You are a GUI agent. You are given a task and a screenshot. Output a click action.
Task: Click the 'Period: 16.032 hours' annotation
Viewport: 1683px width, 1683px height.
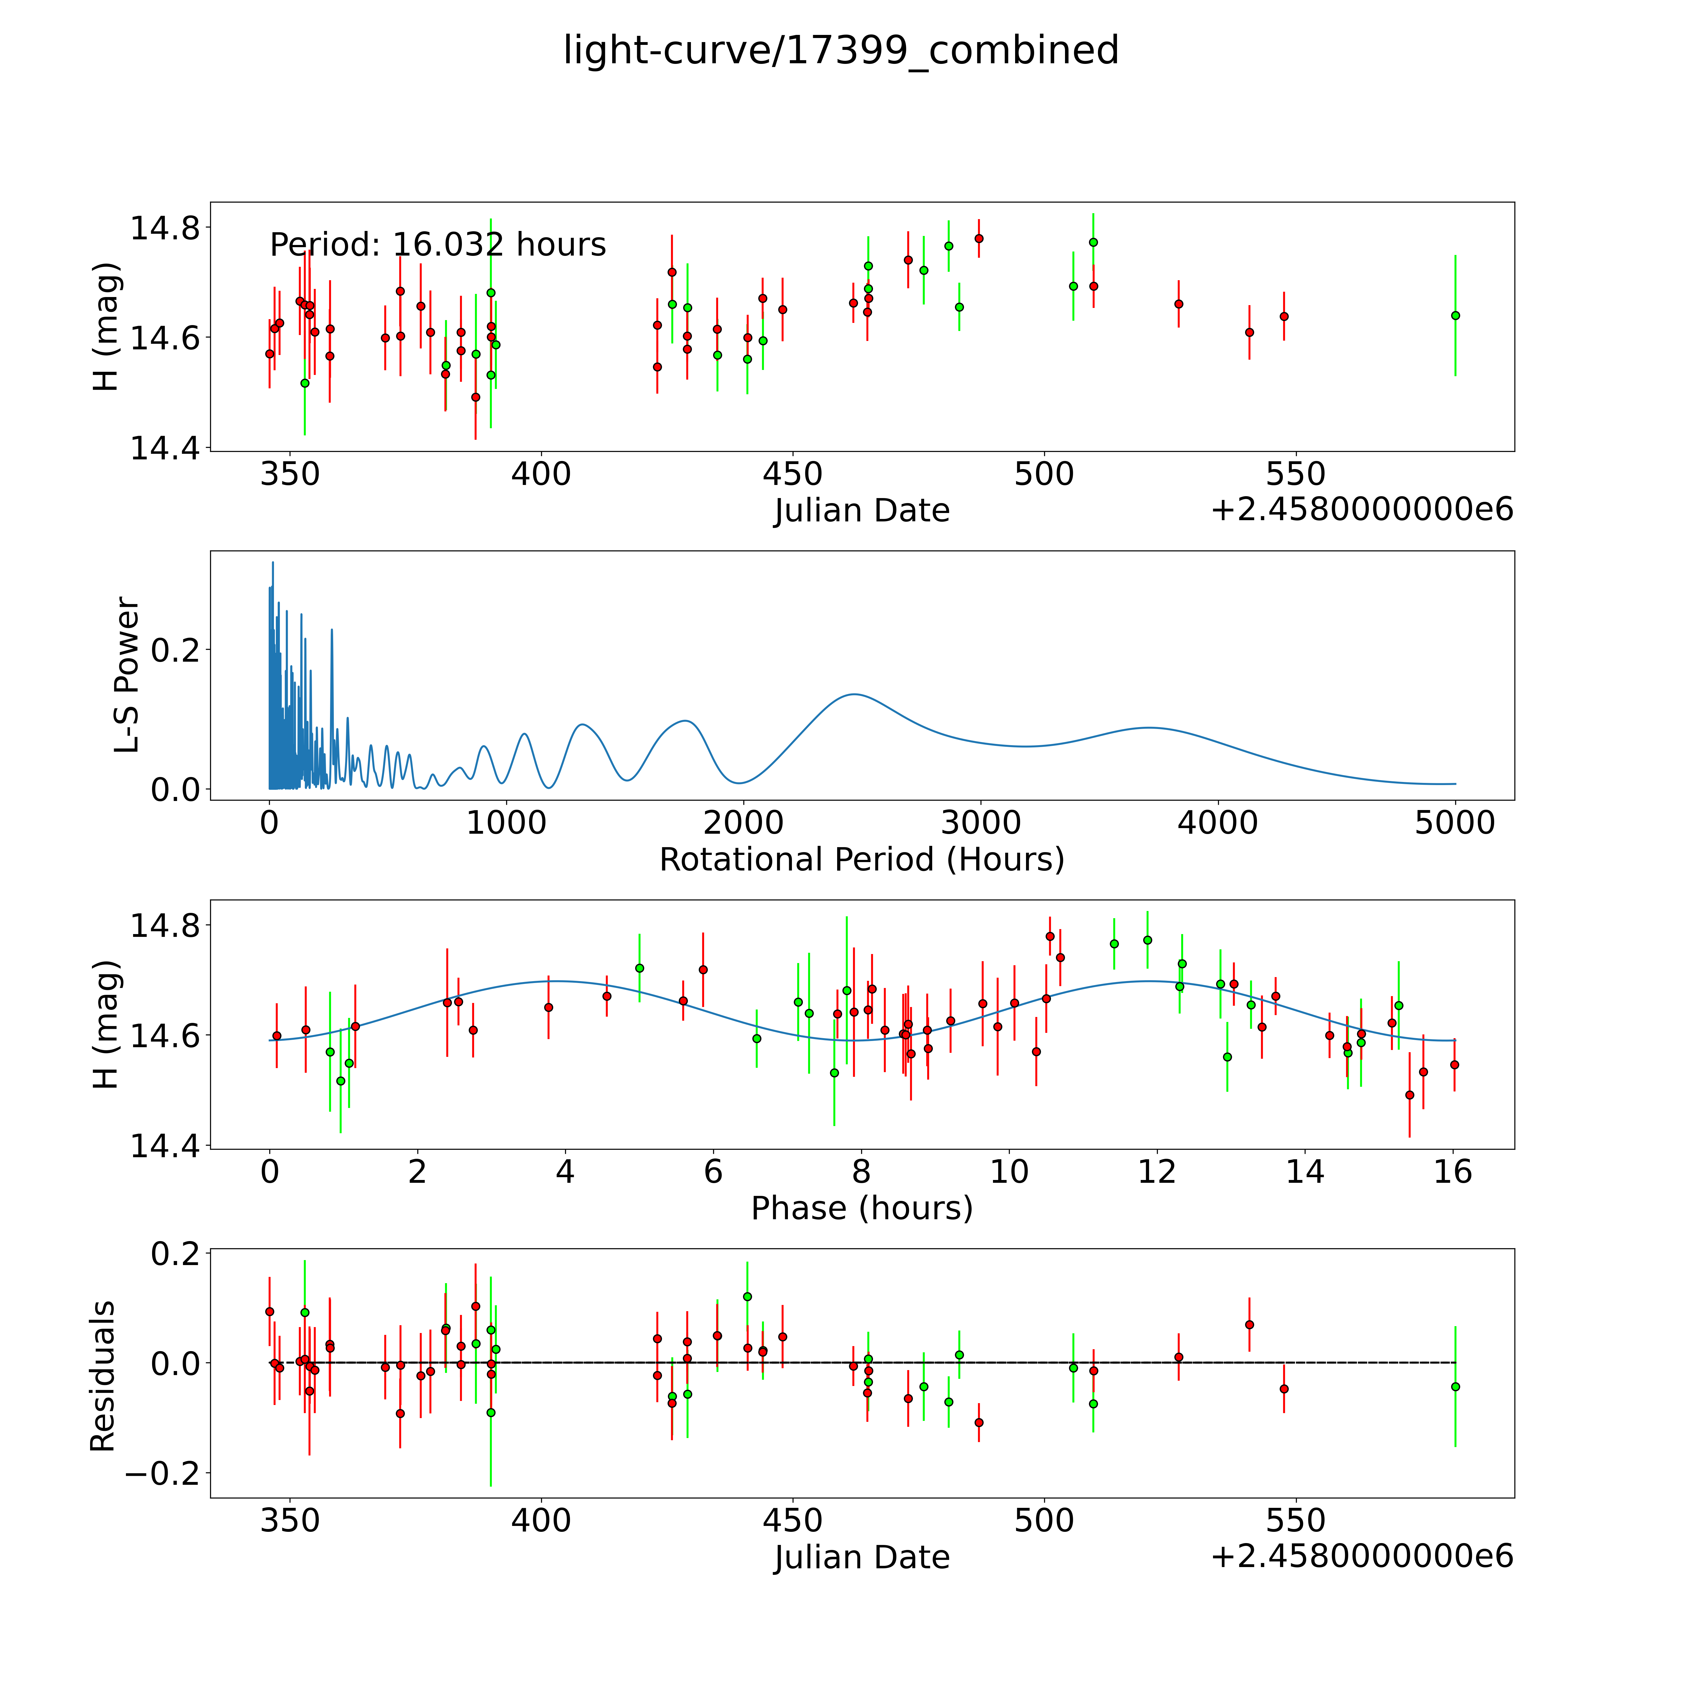pyautogui.click(x=437, y=245)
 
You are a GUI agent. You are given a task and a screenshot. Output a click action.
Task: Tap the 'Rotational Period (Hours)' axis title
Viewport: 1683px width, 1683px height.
pyautogui.click(x=861, y=860)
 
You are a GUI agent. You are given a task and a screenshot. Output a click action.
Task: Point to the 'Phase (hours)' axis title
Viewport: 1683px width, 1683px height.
pyautogui.click(x=861, y=1208)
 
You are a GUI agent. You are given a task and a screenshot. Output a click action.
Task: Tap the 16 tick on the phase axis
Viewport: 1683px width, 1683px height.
pyautogui.click(x=1453, y=1172)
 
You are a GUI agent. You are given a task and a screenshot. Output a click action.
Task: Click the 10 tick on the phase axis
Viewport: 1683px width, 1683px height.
pyautogui.click(x=1009, y=1172)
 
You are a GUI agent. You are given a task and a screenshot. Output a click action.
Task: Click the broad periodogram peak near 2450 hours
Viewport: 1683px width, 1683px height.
pyautogui.click(x=854, y=694)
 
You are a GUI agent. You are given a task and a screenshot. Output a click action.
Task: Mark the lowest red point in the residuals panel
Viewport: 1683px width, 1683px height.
pyautogui.click(x=978, y=1422)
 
